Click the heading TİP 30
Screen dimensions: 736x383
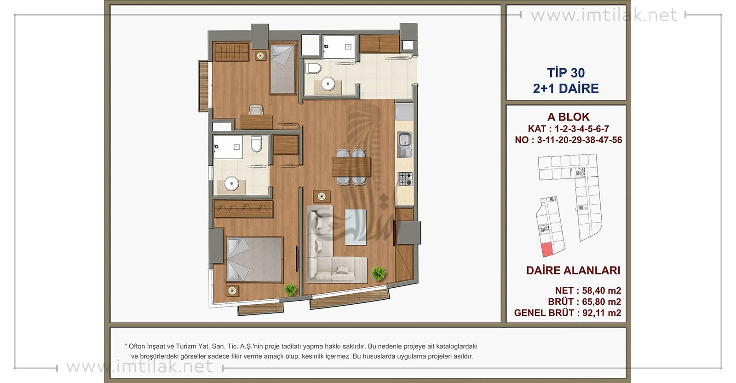(566, 73)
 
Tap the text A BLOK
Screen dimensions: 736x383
(568, 117)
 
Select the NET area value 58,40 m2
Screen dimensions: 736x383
(602, 290)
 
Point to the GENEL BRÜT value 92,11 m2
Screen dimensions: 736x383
(602, 313)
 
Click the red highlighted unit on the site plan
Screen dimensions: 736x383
(547, 250)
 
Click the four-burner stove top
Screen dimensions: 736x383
(405, 179)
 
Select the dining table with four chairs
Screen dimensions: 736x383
(351, 167)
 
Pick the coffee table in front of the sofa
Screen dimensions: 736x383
(356, 227)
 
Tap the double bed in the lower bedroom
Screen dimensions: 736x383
(254, 259)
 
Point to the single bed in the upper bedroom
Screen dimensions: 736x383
(283, 70)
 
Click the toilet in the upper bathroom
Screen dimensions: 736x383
(313, 69)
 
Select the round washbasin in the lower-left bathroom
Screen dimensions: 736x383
(231, 184)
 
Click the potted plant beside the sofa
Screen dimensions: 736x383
(379, 273)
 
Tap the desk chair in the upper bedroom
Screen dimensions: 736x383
(256, 110)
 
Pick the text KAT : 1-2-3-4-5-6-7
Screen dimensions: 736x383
(569, 128)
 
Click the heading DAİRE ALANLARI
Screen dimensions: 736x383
(573, 270)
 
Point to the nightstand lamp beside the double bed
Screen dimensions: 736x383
(232, 290)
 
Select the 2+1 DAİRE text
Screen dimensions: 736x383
(566, 88)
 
